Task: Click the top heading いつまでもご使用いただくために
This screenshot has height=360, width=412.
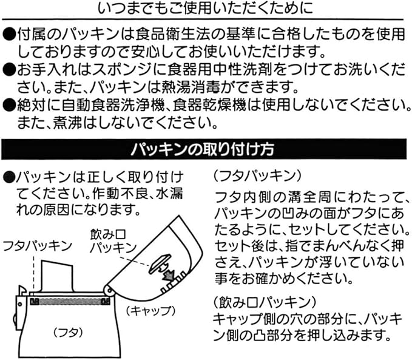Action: point(206,10)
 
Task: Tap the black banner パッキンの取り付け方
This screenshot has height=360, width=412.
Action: point(206,149)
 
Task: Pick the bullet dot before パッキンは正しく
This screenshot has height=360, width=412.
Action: point(8,177)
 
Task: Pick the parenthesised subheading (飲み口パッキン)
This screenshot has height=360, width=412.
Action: point(262,302)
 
